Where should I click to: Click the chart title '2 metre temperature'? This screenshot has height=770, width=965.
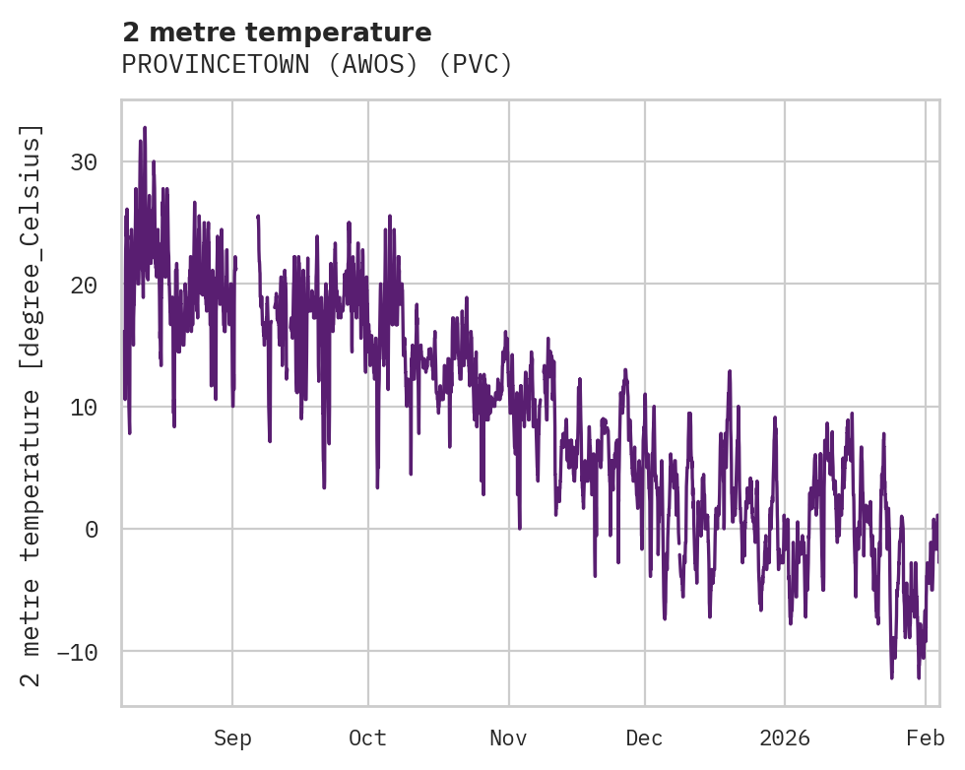point(277,32)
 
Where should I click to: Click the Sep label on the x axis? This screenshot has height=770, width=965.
point(232,738)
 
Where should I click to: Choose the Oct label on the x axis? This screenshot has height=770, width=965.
point(367,738)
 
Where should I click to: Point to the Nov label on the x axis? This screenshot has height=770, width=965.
point(509,738)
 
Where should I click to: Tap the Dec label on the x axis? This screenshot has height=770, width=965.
point(644,738)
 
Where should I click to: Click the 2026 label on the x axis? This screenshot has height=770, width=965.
point(785,738)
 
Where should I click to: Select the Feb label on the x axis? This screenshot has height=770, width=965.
point(926,738)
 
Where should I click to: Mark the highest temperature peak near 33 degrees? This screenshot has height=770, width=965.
point(144,128)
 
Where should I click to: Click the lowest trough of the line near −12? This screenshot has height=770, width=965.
point(892,676)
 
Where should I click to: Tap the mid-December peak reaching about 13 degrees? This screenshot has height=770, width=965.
point(730,372)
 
